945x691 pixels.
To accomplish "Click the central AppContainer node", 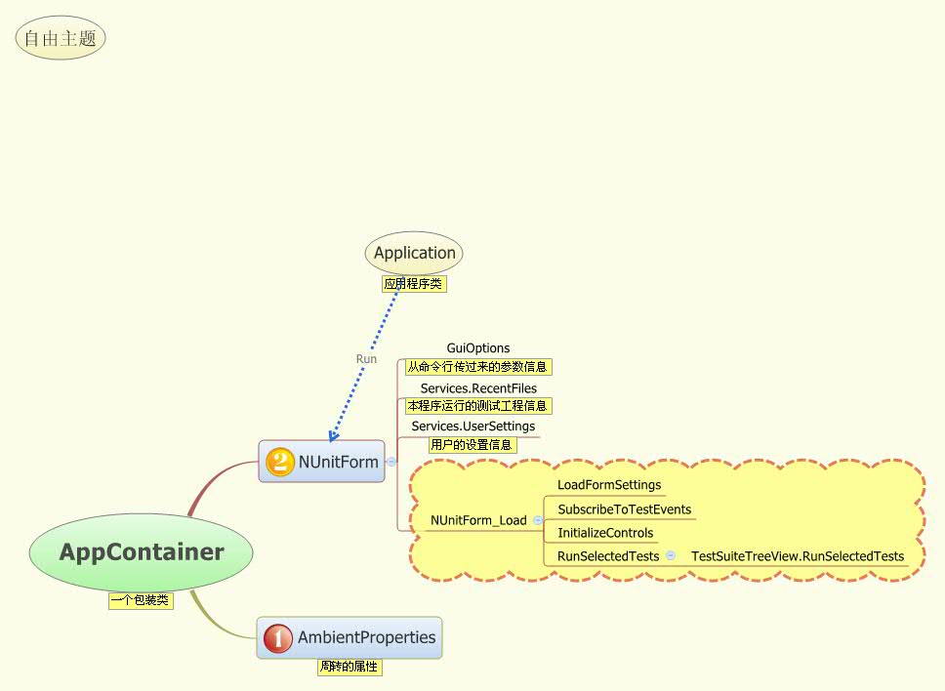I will (142, 552).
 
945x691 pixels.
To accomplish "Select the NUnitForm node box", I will (322, 462).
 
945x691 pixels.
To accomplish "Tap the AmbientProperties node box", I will (349, 637).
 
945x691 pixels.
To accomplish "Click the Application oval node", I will (414, 253).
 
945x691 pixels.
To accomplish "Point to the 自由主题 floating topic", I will (61, 39).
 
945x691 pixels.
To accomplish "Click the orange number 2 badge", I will (279, 462).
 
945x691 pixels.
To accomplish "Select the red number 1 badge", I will (278, 638).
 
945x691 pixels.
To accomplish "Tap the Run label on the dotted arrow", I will (366, 359).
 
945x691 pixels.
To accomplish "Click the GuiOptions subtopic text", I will (478, 348).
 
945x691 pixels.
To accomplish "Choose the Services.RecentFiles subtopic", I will (478, 388).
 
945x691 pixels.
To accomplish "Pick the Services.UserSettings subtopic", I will (472, 427).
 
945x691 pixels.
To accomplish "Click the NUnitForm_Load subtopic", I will (478, 521).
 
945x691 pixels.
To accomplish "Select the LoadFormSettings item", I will (609, 485).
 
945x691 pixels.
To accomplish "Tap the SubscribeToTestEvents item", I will (624, 509).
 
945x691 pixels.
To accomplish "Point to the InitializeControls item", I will (605, 533).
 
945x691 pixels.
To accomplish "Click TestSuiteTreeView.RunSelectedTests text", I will (798, 556).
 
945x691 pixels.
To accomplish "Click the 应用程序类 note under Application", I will (414, 284).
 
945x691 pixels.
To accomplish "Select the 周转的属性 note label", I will (349, 668).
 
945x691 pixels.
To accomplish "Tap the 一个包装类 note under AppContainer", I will (141, 601).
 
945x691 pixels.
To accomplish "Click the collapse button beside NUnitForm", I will (391, 463).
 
